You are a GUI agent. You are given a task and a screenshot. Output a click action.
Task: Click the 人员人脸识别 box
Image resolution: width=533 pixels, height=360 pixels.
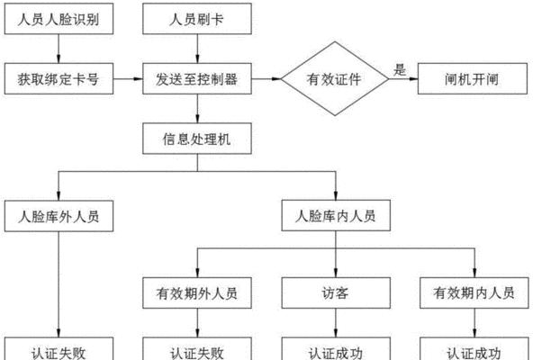pyautogui.click(x=59, y=19)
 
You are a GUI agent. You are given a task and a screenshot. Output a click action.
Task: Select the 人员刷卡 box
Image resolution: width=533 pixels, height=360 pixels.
pyautogui.click(x=197, y=19)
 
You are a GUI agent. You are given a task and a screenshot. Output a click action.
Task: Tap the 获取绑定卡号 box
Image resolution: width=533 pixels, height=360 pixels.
pyautogui.click(x=59, y=78)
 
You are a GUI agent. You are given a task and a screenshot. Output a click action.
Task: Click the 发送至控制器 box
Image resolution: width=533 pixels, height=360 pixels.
pyautogui.click(x=197, y=78)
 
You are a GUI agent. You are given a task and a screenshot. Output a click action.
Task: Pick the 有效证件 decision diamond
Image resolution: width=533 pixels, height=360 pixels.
pyautogui.click(x=335, y=78)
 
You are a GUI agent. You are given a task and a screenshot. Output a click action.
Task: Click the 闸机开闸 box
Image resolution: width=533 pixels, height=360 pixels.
pyautogui.click(x=473, y=78)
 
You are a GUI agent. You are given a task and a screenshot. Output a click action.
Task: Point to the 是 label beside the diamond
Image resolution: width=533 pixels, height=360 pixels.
pyautogui.click(x=400, y=69)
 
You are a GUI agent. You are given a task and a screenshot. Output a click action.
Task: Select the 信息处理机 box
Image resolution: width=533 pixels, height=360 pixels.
pyautogui.click(x=197, y=139)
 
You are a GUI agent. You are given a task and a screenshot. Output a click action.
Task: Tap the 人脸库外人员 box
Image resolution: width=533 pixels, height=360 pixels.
pyautogui.click(x=59, y=216)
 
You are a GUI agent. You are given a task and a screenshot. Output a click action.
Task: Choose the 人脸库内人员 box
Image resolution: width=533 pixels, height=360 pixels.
pyautogui.click(x=336, y=215)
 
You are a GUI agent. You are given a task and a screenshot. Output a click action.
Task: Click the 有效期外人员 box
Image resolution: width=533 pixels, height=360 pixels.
pyautogui.click(x=197, y=293)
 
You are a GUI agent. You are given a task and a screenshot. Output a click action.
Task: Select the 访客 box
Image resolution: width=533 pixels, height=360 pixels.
pyautogui.click(x=336, y=293)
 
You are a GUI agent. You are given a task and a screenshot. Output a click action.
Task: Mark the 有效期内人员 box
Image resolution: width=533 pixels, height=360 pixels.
pyautogui.click(x=474, y=293)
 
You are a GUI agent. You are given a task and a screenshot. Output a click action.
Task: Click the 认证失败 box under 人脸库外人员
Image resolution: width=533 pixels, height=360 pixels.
pyautogui.click(x=59, y=349)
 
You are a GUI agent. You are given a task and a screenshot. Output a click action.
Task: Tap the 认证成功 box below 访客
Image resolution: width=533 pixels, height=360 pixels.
pyautogui.click(x=336, y=349)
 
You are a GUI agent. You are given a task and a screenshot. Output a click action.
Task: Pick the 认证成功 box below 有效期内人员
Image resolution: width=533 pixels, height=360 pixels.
pyautogui.click(x=474, y=349)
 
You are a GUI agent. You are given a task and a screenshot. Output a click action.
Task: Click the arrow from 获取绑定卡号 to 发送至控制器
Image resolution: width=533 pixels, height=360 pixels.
pyautogui.click(x=128, y=79)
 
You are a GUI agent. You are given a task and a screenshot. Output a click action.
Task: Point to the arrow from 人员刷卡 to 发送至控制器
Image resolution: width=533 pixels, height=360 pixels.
pyautogui.click(x=197, y=49)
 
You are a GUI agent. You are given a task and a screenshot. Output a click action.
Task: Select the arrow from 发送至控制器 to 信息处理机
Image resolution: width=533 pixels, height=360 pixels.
pyautogui.click(x=197, y=109)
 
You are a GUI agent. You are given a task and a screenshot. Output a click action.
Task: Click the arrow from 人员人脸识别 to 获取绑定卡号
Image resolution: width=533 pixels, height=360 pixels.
pyautogui.click(x=59, y=49)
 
